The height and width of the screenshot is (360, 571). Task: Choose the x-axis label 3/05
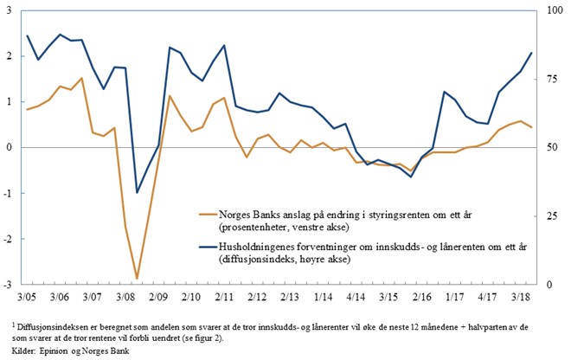pyautogui.click(x=27, y=296)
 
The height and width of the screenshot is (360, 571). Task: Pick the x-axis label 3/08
pyautogui.click(x=125, y=296)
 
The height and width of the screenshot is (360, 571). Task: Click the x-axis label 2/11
pyautogui.click(x=224, y=296)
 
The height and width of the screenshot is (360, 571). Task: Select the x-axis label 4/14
pyautogui.click(x=355, y=296)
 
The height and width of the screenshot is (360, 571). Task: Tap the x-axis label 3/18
pyautogui.click(x=520, y=296)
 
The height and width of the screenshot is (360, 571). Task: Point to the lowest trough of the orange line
pyautogui.click(x=137, y=279)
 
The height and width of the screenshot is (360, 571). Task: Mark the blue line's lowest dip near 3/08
pyautogui.click(x=137, y=192)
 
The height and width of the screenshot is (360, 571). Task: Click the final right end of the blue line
pyautogui.click(x=531, y=53)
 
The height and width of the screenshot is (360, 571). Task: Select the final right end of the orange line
pyautogui.click(x=531, y=127)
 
